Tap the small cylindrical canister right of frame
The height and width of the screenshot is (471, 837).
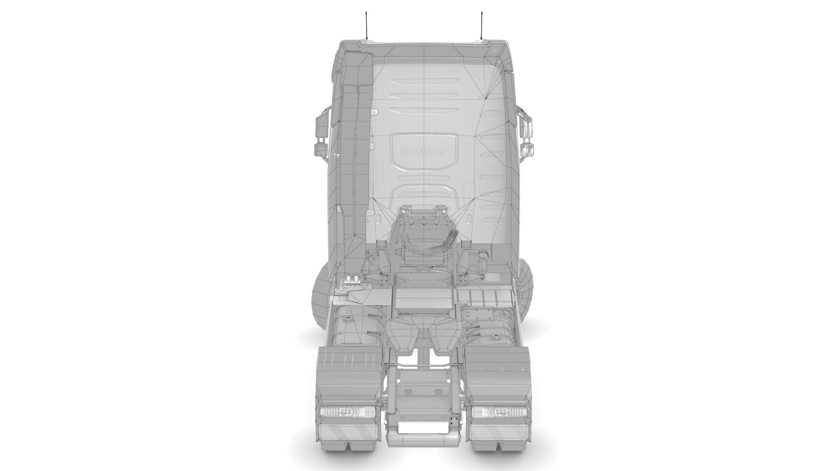(x=483, y=264)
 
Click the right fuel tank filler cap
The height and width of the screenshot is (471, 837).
(x=496, y=336)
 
